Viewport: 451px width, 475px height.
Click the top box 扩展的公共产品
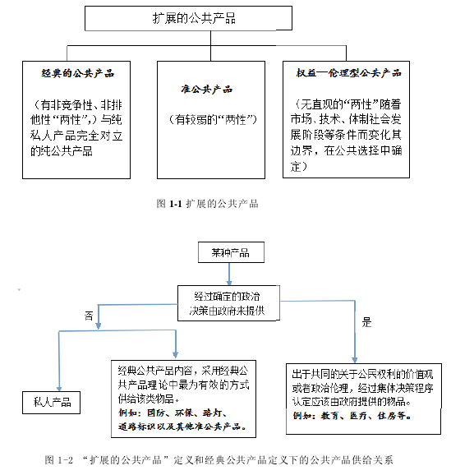click(x=188, y=18)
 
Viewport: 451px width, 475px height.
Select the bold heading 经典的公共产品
click(x=77, y=73)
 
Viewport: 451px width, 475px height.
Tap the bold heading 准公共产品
click(x=207, y=90)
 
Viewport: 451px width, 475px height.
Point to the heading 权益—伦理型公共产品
click(x=348, y=73)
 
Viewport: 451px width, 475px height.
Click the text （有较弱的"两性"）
click(x=212, y=120)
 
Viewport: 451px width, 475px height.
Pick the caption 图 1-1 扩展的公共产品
click(x=208, y=204)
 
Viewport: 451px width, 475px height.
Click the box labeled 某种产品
click(x=231, y=252)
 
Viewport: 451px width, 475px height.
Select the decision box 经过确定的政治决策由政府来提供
click(x=228, y=303)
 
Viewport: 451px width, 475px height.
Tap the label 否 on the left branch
click(x=89, y=316)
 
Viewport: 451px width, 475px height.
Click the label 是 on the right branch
click(x=366, y=322)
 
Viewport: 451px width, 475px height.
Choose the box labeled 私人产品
click(x=51, y=403)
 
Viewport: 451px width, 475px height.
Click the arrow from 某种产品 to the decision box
click(x=229, y=274)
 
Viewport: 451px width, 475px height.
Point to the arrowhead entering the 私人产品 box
click(x=59, y=389)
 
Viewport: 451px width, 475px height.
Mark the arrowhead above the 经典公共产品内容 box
click(x=175, y=354)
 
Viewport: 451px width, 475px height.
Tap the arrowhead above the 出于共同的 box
click(x=355, y=360)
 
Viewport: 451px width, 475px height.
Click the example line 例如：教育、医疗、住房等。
click(x=352, y=416)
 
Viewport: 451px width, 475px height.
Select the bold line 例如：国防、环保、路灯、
click(x=173, y=413)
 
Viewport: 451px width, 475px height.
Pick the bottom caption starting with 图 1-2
click(x=219, y=460)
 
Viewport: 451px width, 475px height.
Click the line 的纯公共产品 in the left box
click(x=61, y=151)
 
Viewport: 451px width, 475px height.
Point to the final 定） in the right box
click(x=299, y=166)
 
